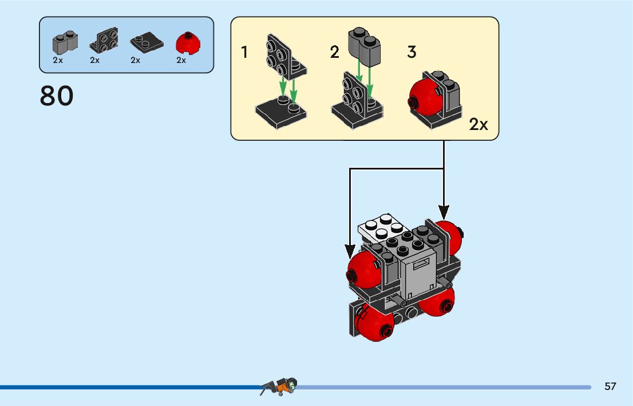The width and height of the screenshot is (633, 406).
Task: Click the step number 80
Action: pyautogui.click(x=57, y=96)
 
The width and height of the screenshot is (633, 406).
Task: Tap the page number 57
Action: pyautogui.click(x=610, y=387)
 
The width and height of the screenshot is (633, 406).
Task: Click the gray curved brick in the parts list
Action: pyautogui.click(x=65, y=41)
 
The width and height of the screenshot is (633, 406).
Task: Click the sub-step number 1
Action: pyautogui.click(x=244, y=53)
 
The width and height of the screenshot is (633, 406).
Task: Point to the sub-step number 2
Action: pyautogui.click(x=334, y=53)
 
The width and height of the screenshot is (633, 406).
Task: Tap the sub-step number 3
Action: pyautogui.click(x=412, y=53)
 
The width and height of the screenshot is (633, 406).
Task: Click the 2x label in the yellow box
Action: pyautogui.click(x=478, y=124)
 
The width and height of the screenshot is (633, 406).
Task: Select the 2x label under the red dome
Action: pyautogui.click(x=181, y=60)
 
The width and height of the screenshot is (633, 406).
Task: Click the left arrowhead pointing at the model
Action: pyautogui.click(x=350, y=250)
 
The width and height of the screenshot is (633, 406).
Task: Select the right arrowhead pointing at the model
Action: pyautogui.click(x=444, y=211)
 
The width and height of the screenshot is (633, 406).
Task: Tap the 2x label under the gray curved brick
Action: pyautogui.click(x=58, y=60)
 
